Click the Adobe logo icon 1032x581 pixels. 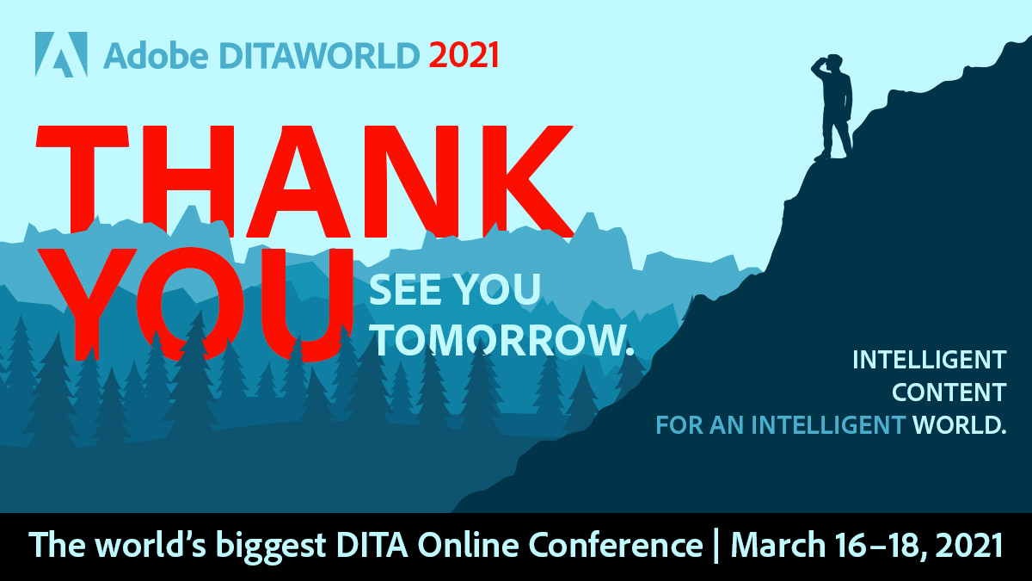click(61, 54)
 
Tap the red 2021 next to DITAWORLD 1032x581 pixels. click(464, 56)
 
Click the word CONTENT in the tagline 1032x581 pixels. click(949, 392)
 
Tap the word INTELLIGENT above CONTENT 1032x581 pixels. click(929, 360)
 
